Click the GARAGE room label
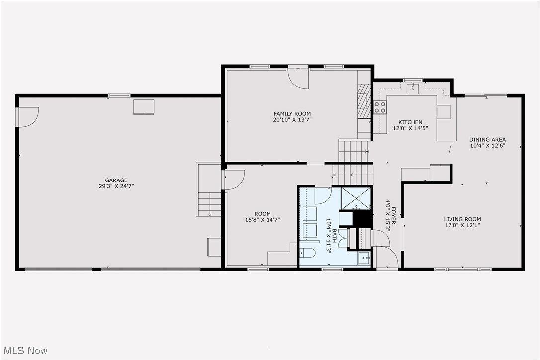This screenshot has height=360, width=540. pos(116,180)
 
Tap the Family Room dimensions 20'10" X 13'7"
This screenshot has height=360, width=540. pos(292,120)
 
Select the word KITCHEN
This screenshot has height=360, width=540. pos(410,122)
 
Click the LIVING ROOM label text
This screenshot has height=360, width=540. pos(462,219)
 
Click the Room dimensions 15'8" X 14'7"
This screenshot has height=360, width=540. pos(263,219)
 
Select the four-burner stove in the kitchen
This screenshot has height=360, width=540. pos(380,107)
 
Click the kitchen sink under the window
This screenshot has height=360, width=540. pos(413,88)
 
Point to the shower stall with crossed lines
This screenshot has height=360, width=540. pos(356,198)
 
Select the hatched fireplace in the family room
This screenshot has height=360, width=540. pos(364,101)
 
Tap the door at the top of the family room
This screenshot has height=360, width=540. pos(298,78)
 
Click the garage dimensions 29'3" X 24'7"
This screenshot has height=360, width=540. pos(116,186)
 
